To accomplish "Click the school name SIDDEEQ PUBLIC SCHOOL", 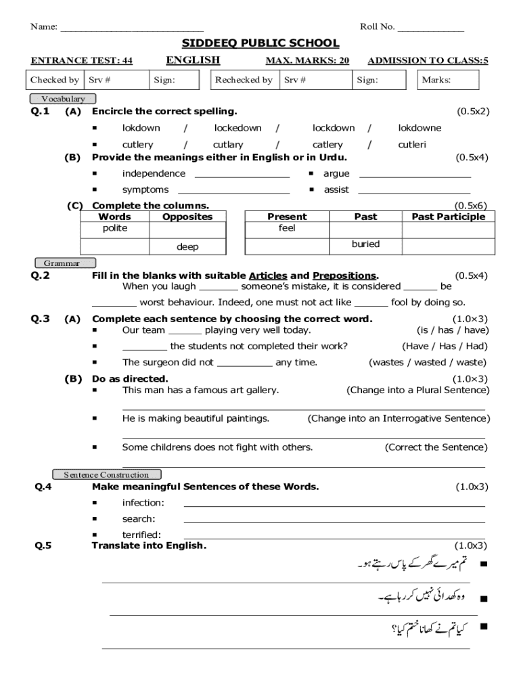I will (x=260, y=43).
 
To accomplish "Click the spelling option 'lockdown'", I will (x=333, y=128).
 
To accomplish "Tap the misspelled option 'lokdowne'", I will (x=420, y=128).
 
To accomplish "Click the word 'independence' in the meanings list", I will (x=154, y=174).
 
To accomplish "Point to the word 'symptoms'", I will (x=145, y=190).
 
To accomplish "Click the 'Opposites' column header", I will (x=187, y=217).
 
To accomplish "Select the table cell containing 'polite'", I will (x=115, y=229).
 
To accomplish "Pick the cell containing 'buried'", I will (x=365, y=244).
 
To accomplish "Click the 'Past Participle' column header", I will (x=448, y=217).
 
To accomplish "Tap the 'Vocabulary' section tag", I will (x=64, y=99).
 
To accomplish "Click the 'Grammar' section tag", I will (x=65, y=263).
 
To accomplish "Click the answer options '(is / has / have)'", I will (x=451, y=330).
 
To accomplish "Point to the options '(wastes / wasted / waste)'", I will (x=427, y=363).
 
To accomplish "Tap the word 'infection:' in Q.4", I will (x=143, y=503).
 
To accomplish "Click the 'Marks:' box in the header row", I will (x=447, y=80).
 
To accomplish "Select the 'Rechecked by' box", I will (x=244, y=80).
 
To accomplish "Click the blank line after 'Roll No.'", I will (x=430, y=28).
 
